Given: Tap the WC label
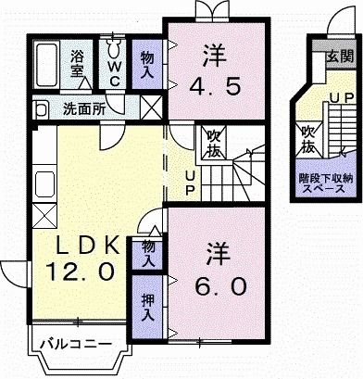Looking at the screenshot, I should [115, 69].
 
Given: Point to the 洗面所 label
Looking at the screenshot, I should [82, 108].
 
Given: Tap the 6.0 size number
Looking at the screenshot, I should [220, 285].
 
